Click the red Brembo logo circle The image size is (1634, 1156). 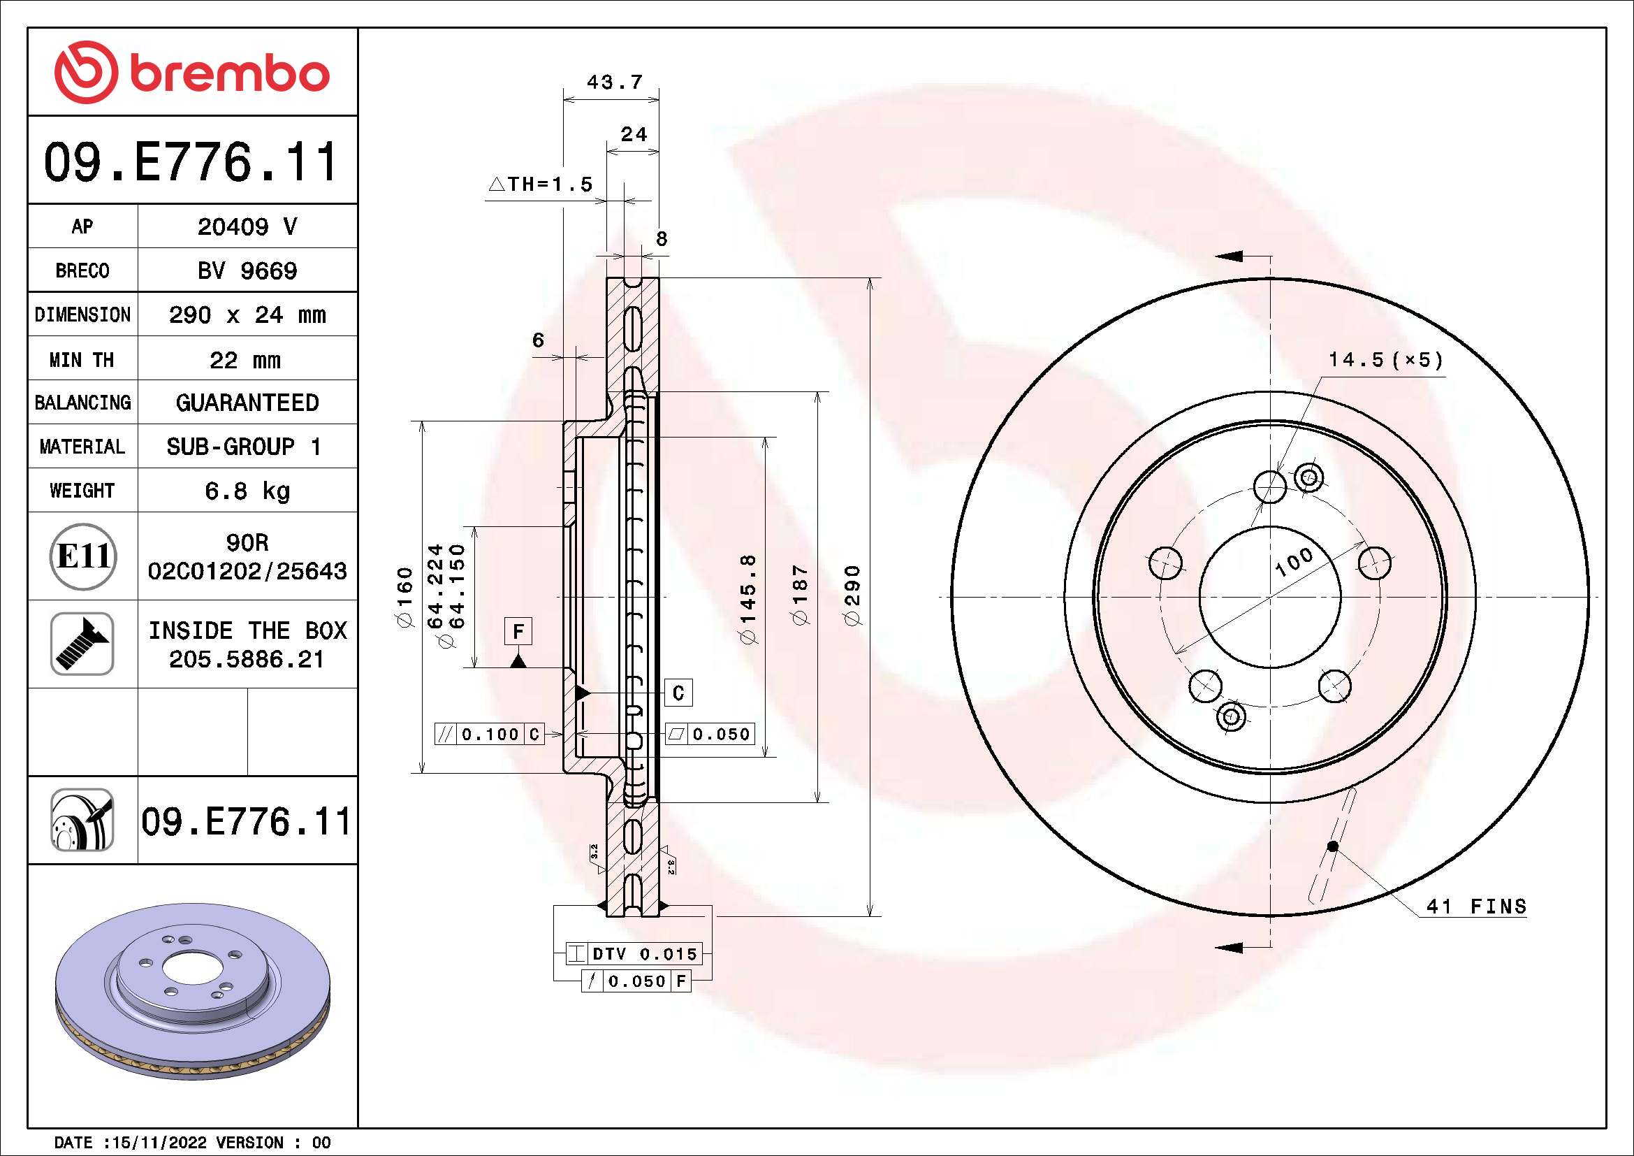point(85,72)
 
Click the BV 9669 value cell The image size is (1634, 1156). point(247,270)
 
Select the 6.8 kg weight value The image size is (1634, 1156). point(247,491)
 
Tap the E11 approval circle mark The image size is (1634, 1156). point(83,556)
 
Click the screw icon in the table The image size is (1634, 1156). point(82,644)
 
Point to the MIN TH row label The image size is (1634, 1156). point(82,359)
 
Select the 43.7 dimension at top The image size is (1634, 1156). point(614,82)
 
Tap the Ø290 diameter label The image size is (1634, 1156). point(852,595)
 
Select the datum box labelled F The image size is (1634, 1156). point(518,630)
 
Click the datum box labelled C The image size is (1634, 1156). point(678,693)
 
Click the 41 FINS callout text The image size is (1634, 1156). point(1476,906)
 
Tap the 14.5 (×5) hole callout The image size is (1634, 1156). point(1385,360)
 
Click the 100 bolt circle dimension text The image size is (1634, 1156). point(1294,563)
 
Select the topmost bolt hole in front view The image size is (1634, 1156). point(1269,487)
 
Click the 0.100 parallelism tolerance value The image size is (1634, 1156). point(490,734)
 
